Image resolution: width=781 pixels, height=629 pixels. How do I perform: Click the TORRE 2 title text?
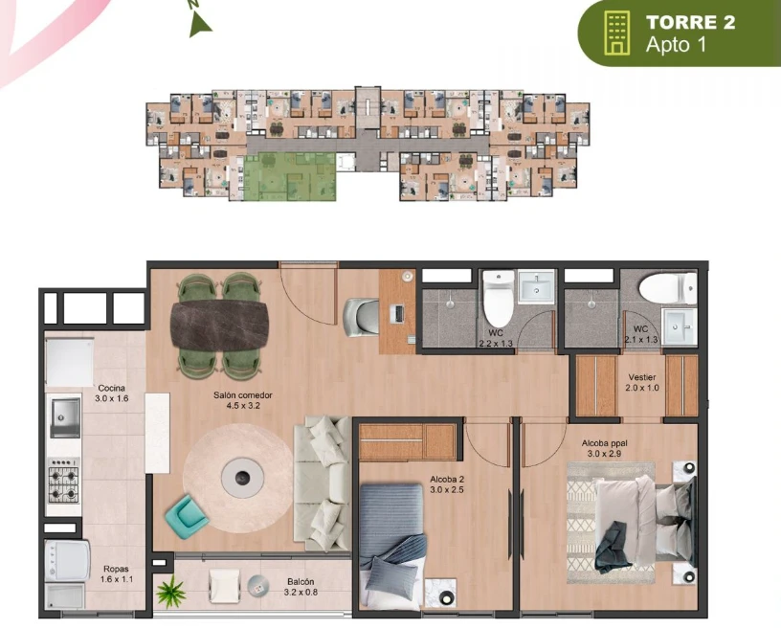coord(690,23)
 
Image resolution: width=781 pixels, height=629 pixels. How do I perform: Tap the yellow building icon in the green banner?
coord(616,33)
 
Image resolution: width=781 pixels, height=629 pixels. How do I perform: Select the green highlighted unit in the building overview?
coord(289,176)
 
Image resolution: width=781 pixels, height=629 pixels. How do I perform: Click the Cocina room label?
coord(112,388)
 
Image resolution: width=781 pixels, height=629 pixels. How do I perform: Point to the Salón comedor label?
coord(243,395)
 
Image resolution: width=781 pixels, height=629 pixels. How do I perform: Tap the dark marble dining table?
coord(220,326)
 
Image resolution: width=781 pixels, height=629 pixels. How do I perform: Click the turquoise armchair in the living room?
coord(187,515)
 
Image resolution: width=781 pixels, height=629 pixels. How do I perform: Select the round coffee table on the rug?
coord(242,478)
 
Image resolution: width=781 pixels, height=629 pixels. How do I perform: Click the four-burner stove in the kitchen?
coord(63,481)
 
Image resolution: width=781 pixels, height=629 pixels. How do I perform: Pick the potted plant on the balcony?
coord(170,592)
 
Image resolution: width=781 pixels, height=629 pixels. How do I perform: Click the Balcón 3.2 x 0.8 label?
coord(301,587)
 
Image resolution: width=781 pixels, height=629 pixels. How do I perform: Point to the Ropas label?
coord(116,569)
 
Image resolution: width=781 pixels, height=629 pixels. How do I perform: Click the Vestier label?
coord(642,377)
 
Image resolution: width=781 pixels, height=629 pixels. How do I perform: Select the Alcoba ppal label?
coord(604,443)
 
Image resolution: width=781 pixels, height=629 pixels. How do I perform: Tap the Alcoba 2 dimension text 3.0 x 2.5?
coord(447,490)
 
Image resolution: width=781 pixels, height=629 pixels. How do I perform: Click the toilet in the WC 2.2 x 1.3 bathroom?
coord(499,298)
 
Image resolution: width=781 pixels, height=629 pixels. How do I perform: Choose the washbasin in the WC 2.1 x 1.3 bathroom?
coord(680,326)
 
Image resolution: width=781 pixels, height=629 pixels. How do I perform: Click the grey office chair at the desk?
coord(361,317)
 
